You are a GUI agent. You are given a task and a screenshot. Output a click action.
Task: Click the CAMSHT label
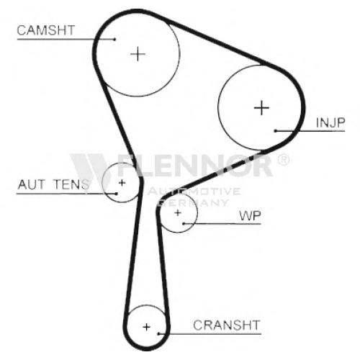(x=46, y=30)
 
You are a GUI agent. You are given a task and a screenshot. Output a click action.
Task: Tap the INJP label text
(x=330, y=122)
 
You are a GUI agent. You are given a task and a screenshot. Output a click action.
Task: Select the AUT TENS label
(x=53, y=184)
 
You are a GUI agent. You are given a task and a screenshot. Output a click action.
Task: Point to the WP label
(x=250, y=215)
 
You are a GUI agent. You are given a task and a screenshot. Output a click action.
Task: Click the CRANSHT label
(x=227, y=325)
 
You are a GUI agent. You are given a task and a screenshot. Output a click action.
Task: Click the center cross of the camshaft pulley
(x=138, y=54)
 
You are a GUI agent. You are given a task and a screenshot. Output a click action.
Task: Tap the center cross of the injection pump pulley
(x=261, y=107)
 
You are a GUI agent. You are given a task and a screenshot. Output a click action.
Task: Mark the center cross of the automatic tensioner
(x=122, y=183)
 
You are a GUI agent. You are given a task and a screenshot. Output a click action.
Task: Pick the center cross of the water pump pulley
(x=178, y=212)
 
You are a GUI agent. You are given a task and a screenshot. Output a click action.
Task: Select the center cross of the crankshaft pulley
(x=146, y=327)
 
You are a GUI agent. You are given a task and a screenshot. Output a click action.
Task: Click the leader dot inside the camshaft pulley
(x=114, y=39)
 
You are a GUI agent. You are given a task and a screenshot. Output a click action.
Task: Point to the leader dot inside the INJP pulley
(x=276, y=131)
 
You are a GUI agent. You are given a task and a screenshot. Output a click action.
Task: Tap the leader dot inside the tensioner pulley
(x=116, y=194)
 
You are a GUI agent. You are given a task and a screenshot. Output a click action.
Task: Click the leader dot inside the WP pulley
(x=184, y=224)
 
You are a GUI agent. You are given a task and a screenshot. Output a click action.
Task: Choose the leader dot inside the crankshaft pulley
(x=158, y=333)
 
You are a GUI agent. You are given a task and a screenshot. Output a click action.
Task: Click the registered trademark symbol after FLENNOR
(x=284, y=160)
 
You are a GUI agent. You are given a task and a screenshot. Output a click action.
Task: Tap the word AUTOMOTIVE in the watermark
(x=194, y=191)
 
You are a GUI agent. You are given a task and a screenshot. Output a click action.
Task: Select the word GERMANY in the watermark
(x=194, y=203)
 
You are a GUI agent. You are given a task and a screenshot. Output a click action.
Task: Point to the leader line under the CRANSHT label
(x=210, y=333)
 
